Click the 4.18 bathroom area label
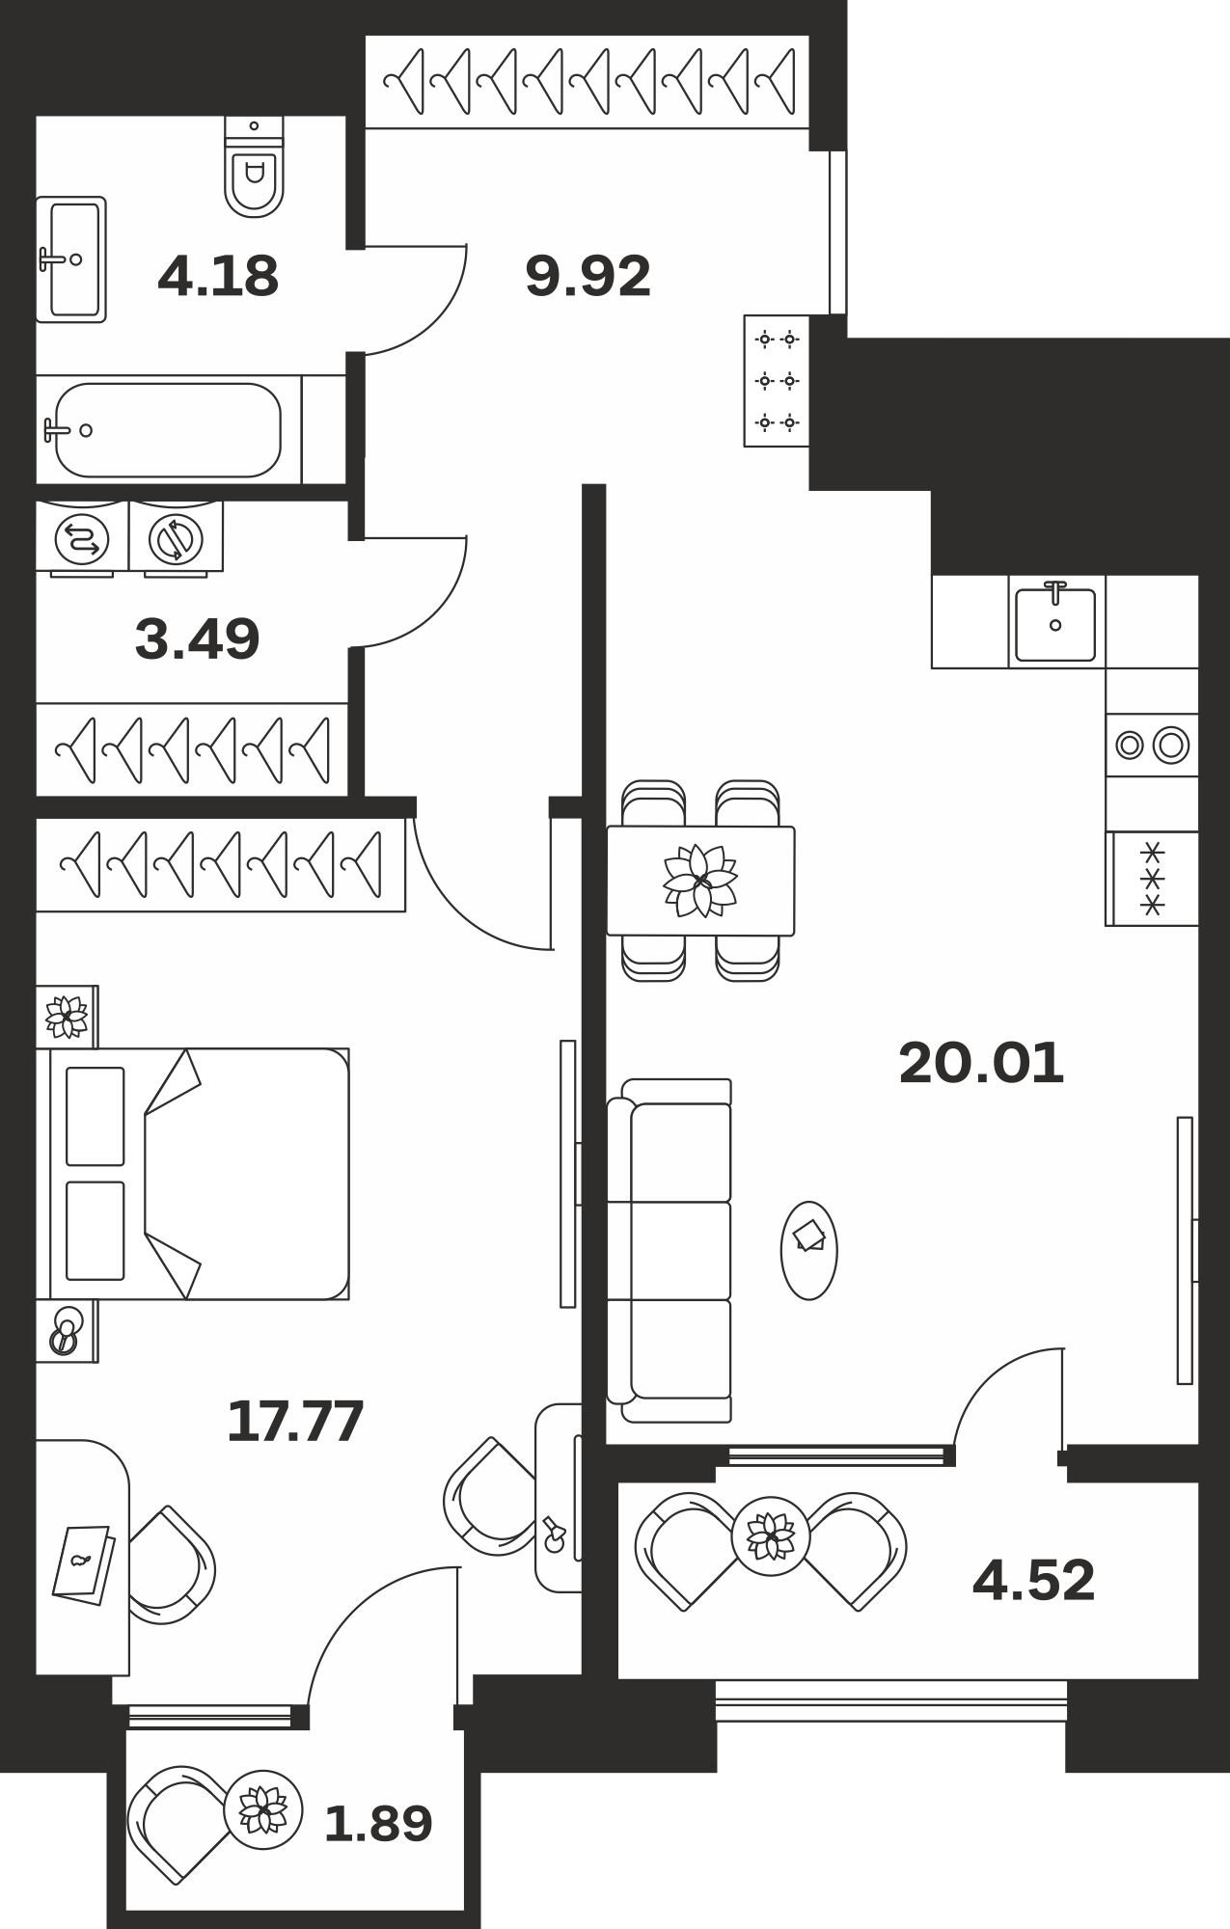[218, 276]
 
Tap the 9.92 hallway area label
[588, 276]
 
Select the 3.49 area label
[198, 638]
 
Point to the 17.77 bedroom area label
[295, 1421]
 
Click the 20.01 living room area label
[981, 1063]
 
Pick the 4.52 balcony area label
[1034, 1580]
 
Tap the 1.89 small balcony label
[378, 1823]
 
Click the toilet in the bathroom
[255, 166]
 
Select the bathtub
[169, 430]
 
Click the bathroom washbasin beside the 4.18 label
[70, 259]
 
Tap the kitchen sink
[1056, 622]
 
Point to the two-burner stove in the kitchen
[1152, 745]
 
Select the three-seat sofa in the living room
[669, 1250]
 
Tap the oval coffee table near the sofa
[808, 1250]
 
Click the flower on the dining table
[700, 880]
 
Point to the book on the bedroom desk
[83, 1564]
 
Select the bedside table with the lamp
[66, 1331]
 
